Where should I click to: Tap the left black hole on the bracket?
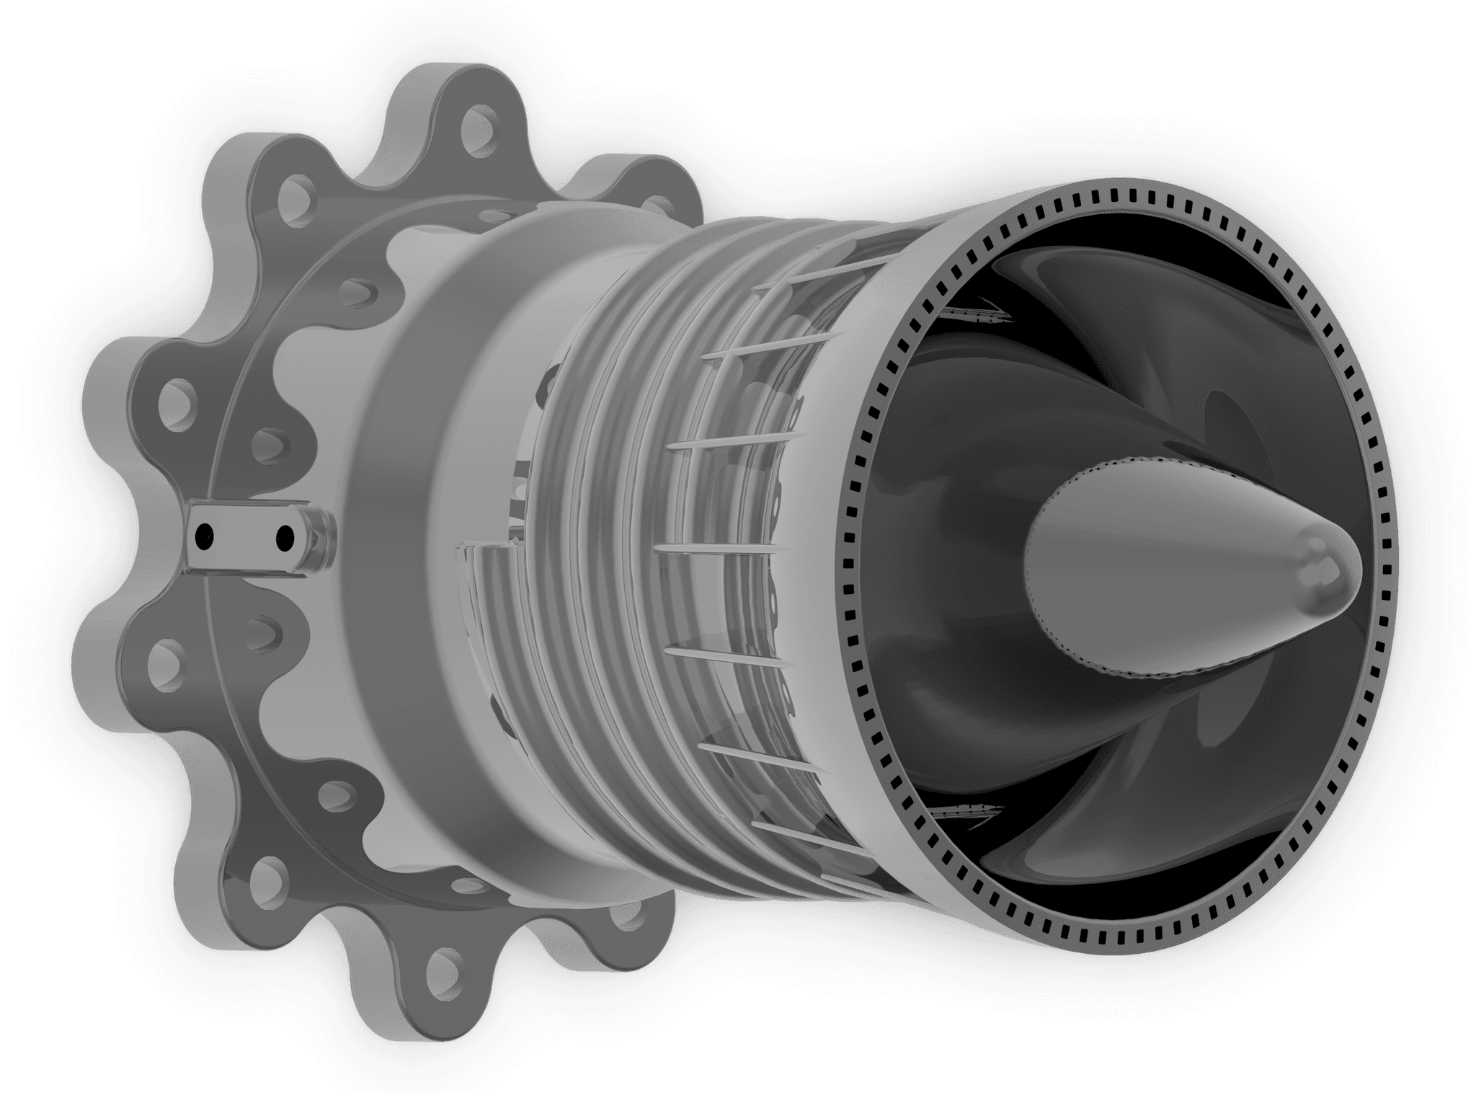pos(206,534)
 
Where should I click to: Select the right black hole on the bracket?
pos(285,536)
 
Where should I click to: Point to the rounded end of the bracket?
pos(318,539)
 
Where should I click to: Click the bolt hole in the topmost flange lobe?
pos(477,123)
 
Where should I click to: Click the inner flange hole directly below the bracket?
pos(272,632)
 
